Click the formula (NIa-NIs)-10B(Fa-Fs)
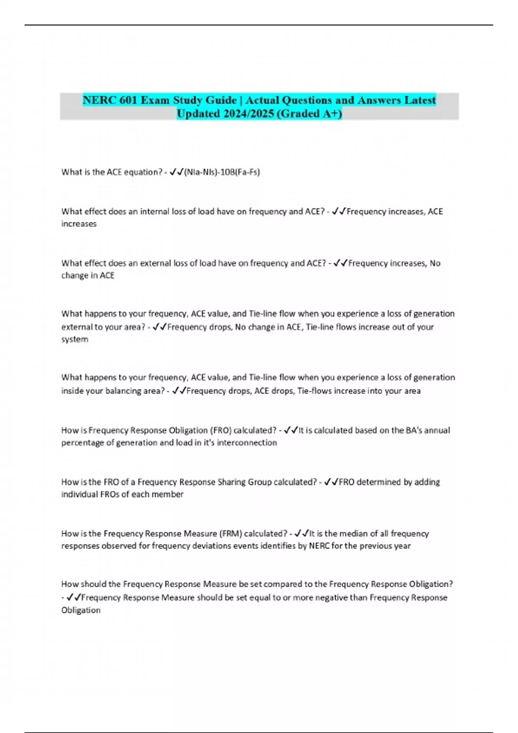(222, 172)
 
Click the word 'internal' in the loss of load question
(155, 211)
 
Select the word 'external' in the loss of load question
(156, 263)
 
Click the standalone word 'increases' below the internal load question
(79, 224)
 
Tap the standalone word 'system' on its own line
(75, 339)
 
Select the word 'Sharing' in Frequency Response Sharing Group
(231, 482)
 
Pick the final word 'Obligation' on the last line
(81, 610)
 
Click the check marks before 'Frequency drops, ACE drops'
(179, 391)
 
